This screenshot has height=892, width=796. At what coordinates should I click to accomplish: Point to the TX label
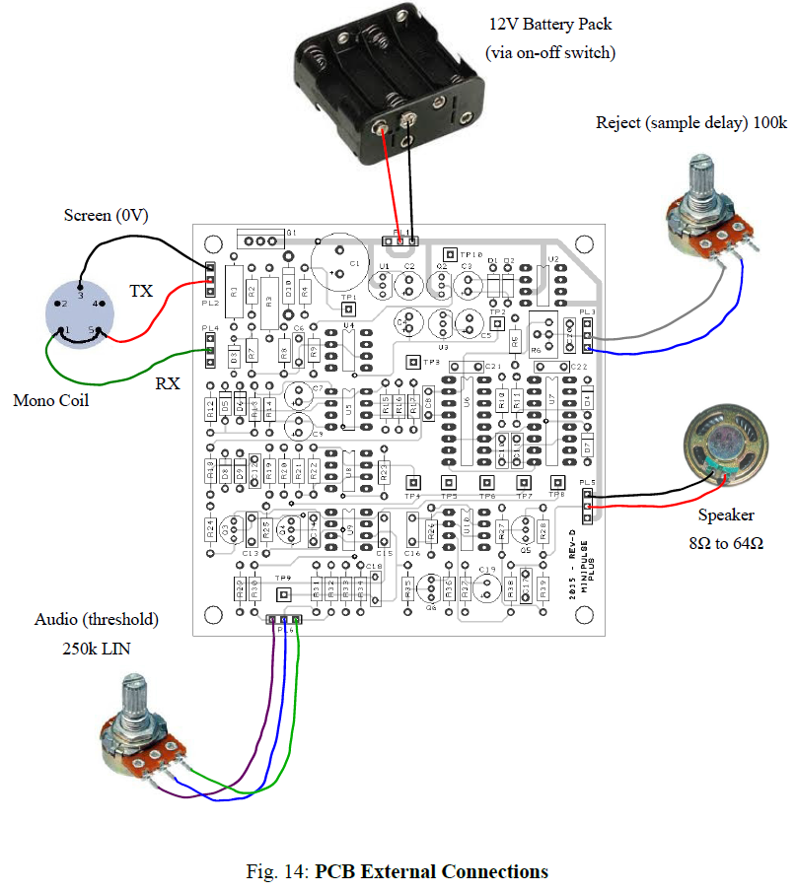click(142, 292)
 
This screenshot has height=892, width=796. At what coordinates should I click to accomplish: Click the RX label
click(168, 383)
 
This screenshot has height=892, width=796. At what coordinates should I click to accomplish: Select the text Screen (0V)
click(106, 215)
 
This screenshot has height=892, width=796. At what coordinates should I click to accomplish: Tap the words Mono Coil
click(48, 400)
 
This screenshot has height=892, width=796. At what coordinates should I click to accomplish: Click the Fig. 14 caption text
click(397, 871)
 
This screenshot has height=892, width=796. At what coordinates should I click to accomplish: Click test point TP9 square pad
click(283, 594)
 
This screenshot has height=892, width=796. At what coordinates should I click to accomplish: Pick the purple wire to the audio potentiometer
click(264, 710)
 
